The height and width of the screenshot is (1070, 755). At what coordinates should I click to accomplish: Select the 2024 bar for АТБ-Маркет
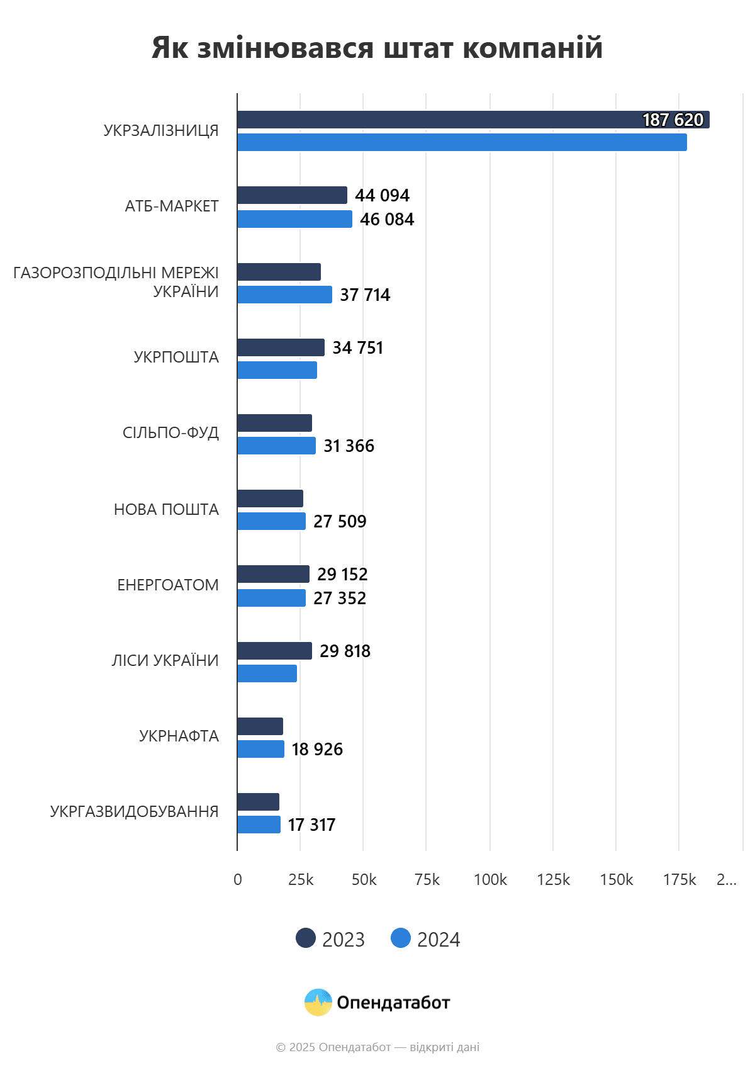pyautogui.click(x=294, y=219)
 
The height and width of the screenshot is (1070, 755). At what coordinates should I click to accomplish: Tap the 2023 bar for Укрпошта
pyautogui.click(x=281, y=347)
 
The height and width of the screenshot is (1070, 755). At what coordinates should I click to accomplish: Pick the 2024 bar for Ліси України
pyautogui.click(x=267, y=673)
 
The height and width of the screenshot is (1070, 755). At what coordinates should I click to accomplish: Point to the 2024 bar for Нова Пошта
pyautogui.click(x=271, y=521)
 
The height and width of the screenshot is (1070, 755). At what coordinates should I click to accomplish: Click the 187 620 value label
pyautogui.click(x=673, y=120)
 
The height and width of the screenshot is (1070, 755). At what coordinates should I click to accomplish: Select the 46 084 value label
pyautogui.click(x=387, y=219)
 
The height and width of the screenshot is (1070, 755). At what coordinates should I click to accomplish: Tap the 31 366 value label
pyautogui.click(x=349, y=446)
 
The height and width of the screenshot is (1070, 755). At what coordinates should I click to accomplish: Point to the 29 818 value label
pyautogui.click(x=345, y=651)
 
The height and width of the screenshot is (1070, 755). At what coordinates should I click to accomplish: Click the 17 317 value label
pyautogui.click(x=311, y=825)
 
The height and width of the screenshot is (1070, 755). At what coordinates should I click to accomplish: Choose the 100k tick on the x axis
pyautogui.click(x=490, y=880)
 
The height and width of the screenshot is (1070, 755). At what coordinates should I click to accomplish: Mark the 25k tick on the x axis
pyautogui.click(x=301, y=880)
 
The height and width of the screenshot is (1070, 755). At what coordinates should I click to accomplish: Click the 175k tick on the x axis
pyautogui.click(x=679, y=880)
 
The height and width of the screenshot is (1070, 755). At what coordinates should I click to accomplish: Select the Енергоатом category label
pyautogui.click(x=168, y=585)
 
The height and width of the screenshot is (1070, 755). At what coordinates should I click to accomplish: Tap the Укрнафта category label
pyautogui.click(x=179, y=736)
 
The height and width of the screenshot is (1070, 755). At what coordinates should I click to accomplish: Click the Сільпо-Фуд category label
pyautogui.click(x=171, y=432)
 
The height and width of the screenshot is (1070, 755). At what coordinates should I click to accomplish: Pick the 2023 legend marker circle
pyautogui.click(x=306, y=938)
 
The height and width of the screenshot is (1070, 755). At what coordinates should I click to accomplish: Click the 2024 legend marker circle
pyautogui.click(x=401, y=938)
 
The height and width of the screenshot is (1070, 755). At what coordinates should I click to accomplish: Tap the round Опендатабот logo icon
pyautogui.click(x=318, y=1002)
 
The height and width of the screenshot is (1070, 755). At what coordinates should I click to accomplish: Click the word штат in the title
pyautogui.click(x=418, y=48)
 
